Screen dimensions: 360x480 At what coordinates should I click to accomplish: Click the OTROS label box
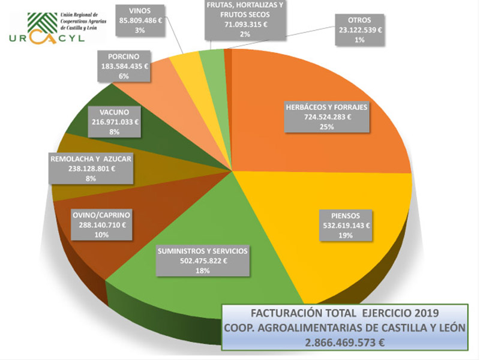(x=359, y=28)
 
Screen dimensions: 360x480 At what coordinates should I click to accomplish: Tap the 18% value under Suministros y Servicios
(x=202, y=271)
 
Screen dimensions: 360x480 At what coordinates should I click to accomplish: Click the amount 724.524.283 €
(x=327, y=118)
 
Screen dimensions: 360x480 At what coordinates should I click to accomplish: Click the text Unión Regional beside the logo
(x=78, y=14)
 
